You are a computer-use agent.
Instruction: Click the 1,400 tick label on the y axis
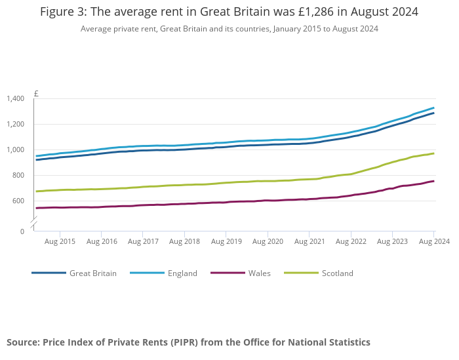coord(15,99)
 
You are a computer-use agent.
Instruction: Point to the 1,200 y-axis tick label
coord(15,125)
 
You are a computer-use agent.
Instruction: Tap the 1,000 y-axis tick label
coord(15,150)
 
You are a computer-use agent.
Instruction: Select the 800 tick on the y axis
coord(18,176)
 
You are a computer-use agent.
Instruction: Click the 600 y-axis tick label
coord(18,201)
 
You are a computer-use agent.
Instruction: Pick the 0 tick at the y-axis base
coord(22,231)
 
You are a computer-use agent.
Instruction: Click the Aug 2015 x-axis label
coord(60,242)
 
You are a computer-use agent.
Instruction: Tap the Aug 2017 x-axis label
coord(143,242)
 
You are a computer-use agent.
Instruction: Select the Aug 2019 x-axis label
coord(226,242)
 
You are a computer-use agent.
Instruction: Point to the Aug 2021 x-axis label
coord(309,242)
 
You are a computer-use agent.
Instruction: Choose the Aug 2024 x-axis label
coord(434,242)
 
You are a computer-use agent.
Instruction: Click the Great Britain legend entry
coord(92,273)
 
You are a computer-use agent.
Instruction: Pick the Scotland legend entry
coord(337,273)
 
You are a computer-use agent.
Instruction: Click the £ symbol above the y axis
coord(36,94)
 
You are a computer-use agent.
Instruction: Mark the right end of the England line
coord(433,108)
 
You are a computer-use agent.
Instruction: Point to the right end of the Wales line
coord(433,181)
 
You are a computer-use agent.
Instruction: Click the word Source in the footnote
coord(23,342)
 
